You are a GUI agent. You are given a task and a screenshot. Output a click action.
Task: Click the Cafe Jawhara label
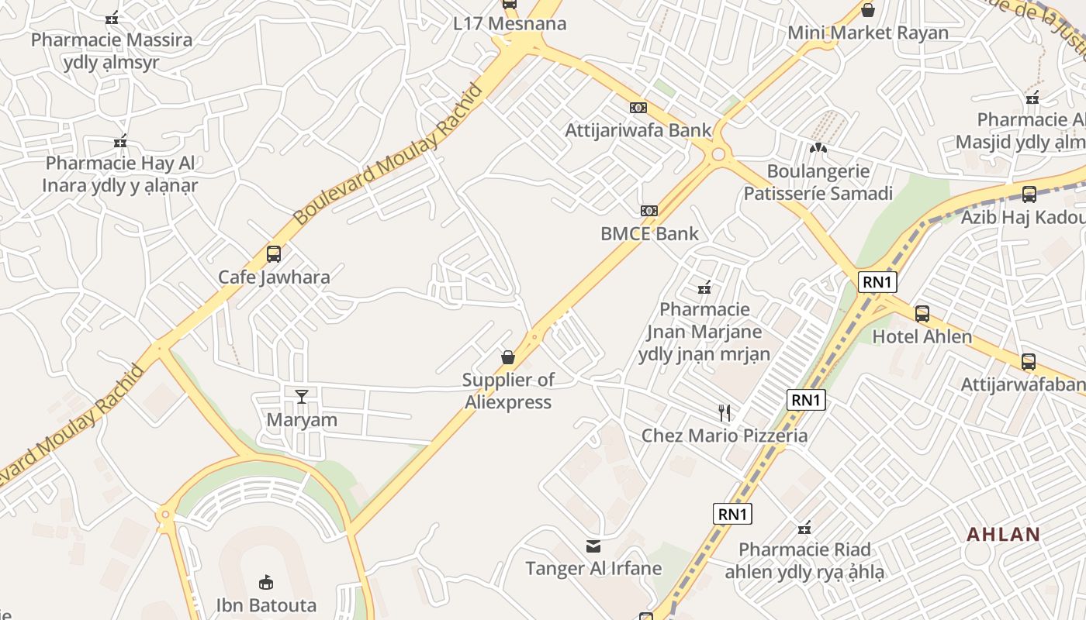pyautogui.click(x=274, y=277)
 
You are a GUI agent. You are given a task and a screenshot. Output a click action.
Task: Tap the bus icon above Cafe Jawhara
pyautogui.click(x=273, y=253)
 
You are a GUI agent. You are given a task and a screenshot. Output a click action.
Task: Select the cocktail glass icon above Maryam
pyautogui.click(x=302, y=397)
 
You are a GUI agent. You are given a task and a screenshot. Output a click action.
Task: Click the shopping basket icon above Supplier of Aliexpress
pyautogui.click(x=508, y=357)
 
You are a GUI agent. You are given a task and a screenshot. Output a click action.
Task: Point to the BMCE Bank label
pyautogui.click(x=649, y=234)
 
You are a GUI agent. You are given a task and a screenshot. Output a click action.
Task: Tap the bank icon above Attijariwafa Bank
pyautogui.click(x=638, y=108)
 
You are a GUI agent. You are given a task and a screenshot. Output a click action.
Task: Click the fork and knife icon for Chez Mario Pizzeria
pyautogui.click(x=725, y=412)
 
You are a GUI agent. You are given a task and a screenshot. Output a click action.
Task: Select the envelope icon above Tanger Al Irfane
pyautogui.click(x=593, y=546)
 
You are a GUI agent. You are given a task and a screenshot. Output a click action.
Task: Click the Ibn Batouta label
pyautogui.click(x=266, y=605)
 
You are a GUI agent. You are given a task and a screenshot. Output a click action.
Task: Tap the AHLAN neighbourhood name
pyautogui.click(x=1003, y=534)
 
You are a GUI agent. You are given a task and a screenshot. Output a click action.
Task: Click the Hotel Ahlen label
pyautogui.click(x=922, y=337)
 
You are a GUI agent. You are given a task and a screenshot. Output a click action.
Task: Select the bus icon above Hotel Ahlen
pyautogui.click(x=922, y=314)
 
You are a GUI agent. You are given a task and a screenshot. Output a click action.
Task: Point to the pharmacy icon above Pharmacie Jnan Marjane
pyautogui.click(x=704, y=288)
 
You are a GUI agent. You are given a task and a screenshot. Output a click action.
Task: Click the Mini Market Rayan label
pyautogui.click(x=868, y=33)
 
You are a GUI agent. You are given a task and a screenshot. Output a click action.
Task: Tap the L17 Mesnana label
pyautogui.click(x=510, y=24)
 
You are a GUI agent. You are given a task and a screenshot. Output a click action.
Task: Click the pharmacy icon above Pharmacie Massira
pyautogui.click(x=112, y=17)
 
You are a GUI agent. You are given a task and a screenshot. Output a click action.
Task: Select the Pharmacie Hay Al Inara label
pyautogui.click(x=119, y=174)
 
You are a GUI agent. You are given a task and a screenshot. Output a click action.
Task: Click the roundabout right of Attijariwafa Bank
pyautogui.click(x=718, y=154)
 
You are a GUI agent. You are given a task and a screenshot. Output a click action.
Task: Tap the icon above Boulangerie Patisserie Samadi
pyautogui.click(x=818, y=147)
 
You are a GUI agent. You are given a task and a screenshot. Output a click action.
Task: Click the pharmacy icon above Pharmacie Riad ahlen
pyautogui.click(x=804, y=529)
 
